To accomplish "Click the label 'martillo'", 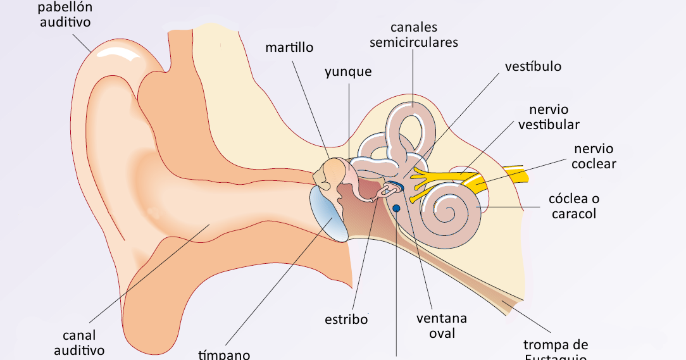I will point(289,47).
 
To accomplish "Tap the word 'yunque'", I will point(348,71).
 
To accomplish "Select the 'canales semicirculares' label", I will point(414,35).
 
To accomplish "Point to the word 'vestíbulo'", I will point(533,66).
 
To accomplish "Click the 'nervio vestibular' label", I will point(549,117).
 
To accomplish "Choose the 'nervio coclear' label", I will point(593,157).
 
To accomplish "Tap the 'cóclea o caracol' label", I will point(574,206).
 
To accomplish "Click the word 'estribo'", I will point(346,319).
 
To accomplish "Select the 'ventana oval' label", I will point(442,325).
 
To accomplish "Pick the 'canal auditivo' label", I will point(79,342).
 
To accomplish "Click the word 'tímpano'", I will point(224,354).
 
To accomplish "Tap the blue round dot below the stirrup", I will point(396,208).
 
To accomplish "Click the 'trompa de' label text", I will point(556,345).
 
